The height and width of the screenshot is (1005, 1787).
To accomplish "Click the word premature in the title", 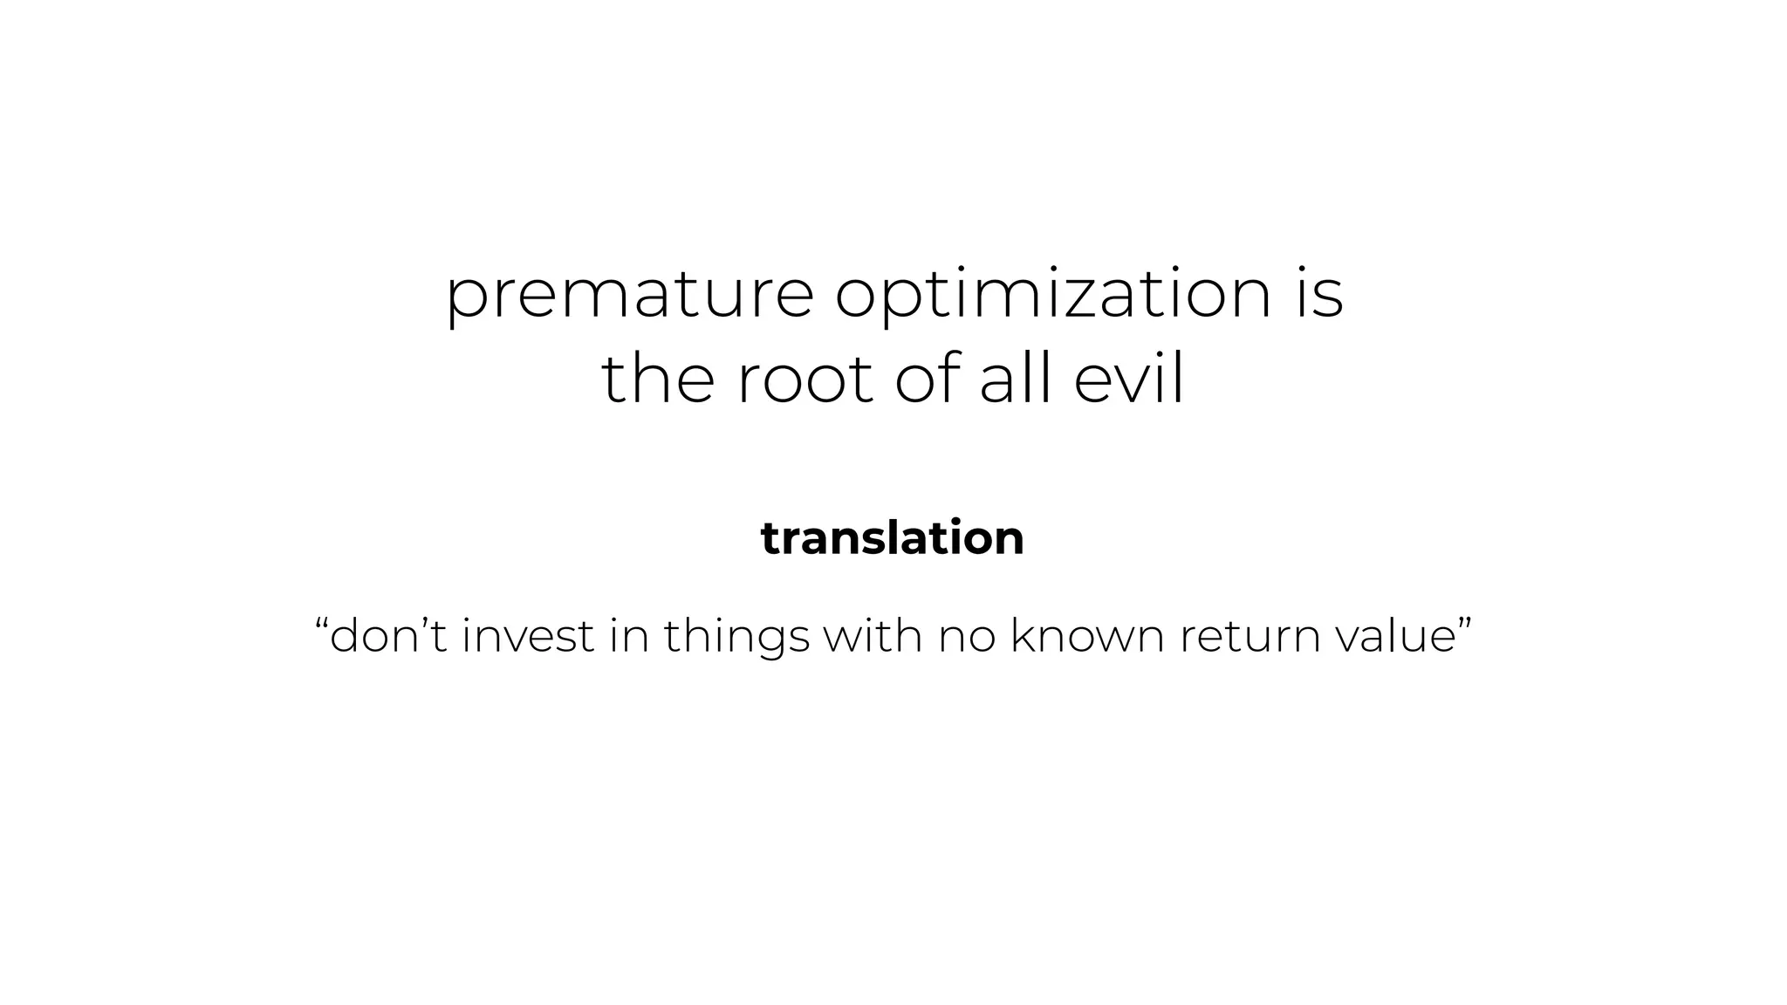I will [x=629, y=296].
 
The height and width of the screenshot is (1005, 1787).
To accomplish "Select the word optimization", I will [x=1053, y=296].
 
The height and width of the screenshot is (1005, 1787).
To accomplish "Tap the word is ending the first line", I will [x=1318, y=294].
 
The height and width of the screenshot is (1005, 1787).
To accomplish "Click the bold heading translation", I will [x=893, y=538].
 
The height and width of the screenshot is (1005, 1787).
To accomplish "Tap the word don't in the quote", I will [x=388, y=635].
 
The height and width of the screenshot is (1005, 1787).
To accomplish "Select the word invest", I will [x=528, y=635].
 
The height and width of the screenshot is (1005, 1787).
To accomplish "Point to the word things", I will [x=736, y=637].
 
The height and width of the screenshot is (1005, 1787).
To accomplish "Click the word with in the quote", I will [x=873, y=635].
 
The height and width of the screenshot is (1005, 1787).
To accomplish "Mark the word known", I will [x=1087, y=635].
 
